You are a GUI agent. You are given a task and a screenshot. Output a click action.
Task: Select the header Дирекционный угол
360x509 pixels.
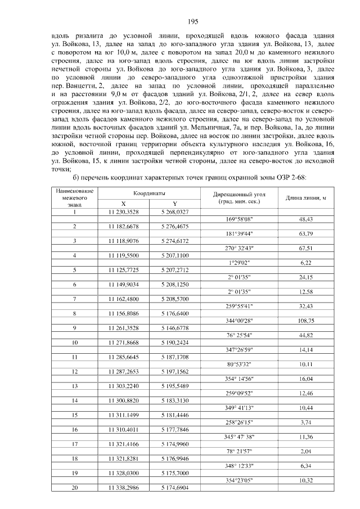tap(239, 193)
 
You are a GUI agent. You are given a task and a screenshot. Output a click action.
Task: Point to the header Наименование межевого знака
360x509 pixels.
tap(75, 198)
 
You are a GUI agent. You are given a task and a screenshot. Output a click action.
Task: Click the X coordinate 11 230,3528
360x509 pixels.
tap(121, 211)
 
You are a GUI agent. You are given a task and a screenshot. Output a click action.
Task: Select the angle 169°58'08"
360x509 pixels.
tap(239, 219)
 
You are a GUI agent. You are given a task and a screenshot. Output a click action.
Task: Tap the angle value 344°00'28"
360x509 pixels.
tap(239, 321)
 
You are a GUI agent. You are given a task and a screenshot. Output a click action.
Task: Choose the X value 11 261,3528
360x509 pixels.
tap(121, 328)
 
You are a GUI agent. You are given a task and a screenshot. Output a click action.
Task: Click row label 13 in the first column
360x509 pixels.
tap(75, 387)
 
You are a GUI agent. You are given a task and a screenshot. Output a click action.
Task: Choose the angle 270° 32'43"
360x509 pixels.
tap(239, 248)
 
